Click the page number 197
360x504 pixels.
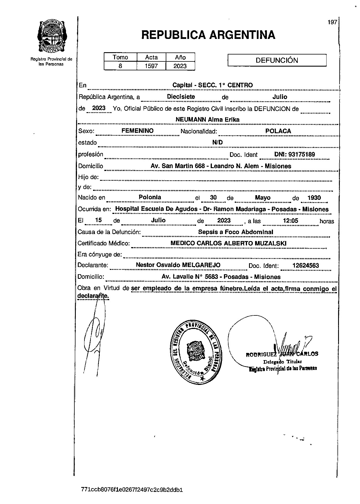pos(332,22)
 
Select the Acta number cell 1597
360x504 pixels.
pos(151,66)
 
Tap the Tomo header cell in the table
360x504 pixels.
pos(120,57)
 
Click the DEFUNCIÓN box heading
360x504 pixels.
pos(277,60)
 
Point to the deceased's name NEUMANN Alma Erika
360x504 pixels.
pos(208,119)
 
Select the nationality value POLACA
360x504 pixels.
pos(278,131)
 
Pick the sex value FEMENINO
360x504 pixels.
pos(137,131)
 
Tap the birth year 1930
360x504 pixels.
pos(314,198)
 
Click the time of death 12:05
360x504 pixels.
pos(290,221)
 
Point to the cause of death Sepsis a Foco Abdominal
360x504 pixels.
pos(235,232)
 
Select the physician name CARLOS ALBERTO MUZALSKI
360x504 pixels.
pos(241,243)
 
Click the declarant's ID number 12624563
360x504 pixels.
pos(306,266)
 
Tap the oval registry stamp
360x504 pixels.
pos(196,351)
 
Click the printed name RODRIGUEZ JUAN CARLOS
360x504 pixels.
pos(282,354)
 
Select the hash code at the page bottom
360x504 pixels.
pos(132,490)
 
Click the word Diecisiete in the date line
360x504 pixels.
pos(181,97)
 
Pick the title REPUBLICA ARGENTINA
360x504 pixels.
pos(208,35)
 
